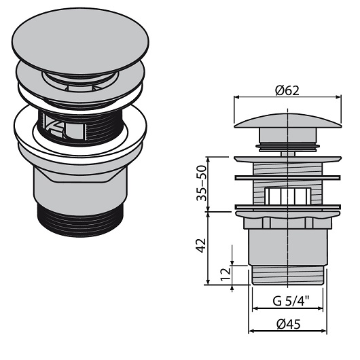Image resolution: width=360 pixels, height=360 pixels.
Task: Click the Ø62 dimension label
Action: (287, 91)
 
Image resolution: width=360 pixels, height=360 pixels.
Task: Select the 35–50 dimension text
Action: (202, 183)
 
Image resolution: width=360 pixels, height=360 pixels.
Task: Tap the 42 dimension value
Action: (201, 245)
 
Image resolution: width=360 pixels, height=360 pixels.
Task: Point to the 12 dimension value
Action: (226, 274)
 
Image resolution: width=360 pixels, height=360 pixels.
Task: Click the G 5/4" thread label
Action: (291, 301)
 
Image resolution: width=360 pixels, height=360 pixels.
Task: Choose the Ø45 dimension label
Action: (289, 325)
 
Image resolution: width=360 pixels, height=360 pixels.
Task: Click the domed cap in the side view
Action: (288, 120)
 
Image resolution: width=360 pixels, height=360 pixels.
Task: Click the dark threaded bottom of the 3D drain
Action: (80, 220)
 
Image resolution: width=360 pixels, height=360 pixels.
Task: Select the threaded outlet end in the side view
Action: (288, 275)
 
